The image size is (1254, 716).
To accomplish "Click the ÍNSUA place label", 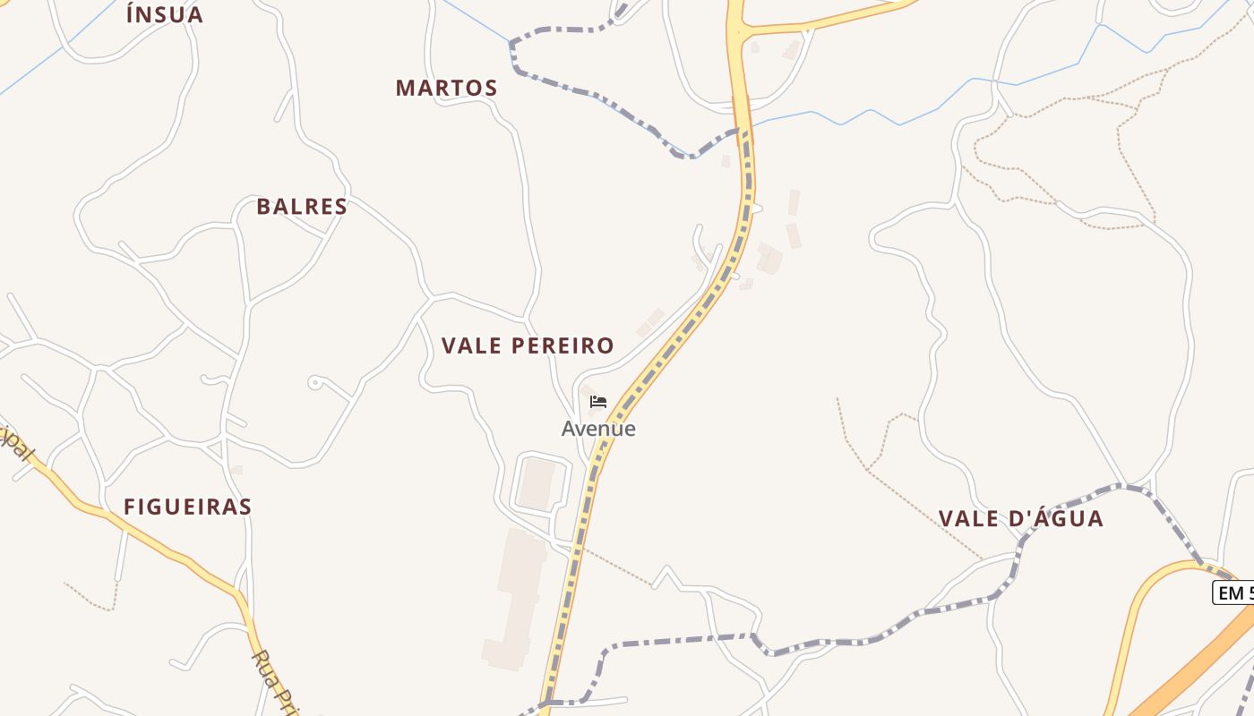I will [165, 14].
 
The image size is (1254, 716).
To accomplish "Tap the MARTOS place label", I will [446, 88].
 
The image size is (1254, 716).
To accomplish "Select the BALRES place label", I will [302, 207].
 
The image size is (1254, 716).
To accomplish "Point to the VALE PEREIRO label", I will [528, 345].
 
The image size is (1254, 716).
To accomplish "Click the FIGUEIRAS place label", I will [187, 507].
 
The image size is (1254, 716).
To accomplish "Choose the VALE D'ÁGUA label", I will [1020, 518].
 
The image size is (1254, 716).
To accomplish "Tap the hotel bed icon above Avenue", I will [598, 402].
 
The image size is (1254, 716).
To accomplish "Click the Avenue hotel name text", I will [598, 429].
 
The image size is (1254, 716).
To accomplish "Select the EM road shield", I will [1233, 592].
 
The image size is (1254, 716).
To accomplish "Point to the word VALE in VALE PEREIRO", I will [472, 345].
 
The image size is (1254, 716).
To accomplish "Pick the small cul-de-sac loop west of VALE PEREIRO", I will [313, 382].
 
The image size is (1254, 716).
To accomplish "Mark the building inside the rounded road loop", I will [537, 483].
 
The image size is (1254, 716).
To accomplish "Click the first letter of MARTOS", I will [405, 88].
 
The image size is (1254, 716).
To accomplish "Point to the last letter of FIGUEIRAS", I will [245, 507].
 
